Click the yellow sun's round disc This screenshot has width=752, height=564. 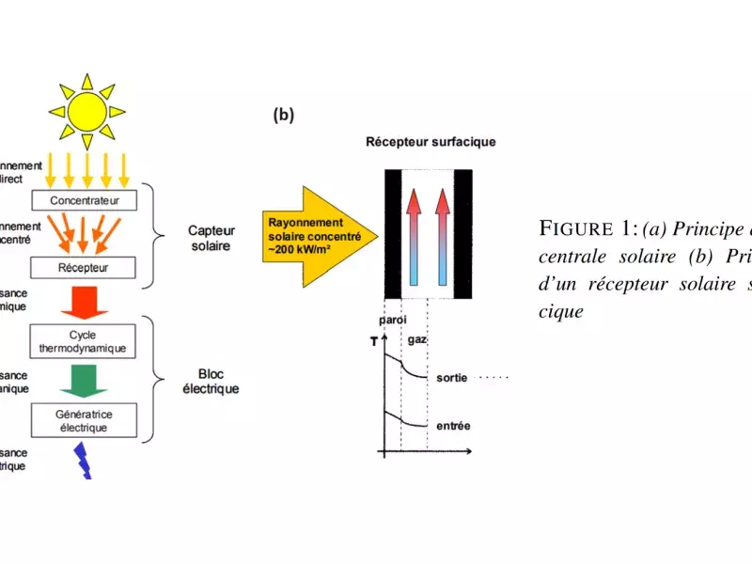click(86, 112)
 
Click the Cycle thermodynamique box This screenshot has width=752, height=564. click(91, 342)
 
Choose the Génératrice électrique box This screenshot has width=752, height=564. click(91, 420)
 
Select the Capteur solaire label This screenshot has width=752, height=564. click(211, 236)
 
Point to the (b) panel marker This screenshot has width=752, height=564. click(283, 116)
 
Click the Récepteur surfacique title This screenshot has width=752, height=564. click(431, 143)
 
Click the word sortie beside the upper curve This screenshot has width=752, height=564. click(452, 378)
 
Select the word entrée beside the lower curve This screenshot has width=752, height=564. click(453, 427)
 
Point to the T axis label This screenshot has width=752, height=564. click(373, 342)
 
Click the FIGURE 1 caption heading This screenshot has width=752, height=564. click(588, 229)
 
